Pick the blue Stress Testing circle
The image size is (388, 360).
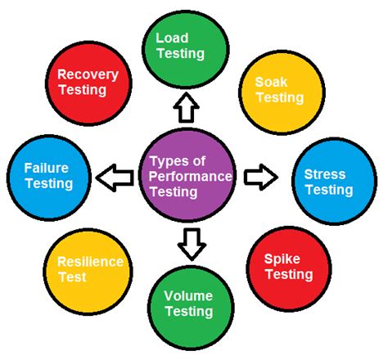coord(327,182)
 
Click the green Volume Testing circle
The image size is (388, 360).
coord(189,304)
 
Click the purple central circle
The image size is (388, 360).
coord(187,176)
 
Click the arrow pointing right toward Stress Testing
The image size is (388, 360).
coord(261,176)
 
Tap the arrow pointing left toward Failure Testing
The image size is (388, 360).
coord(114,176)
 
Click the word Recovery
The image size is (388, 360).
coord(88,74)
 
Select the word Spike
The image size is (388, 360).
coord(281,259)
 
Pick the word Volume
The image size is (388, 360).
coord(189,295)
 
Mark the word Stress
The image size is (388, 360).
coord(325,173)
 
